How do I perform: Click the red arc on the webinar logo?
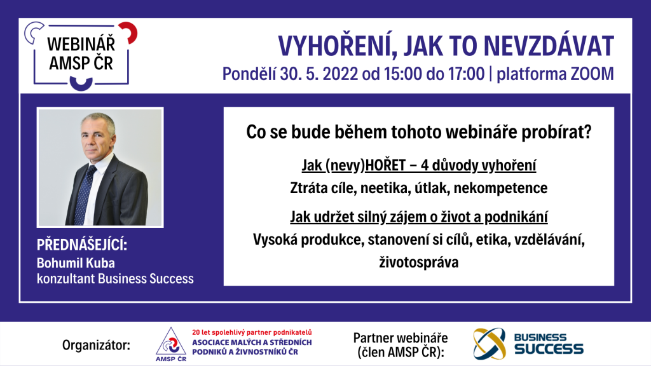tap(130, 32)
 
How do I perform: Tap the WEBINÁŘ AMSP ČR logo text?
tap(81, 53)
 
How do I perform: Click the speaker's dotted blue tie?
tap(86, 194)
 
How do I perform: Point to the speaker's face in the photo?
tap(97, 139)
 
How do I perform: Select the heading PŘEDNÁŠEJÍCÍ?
tap(82, 245)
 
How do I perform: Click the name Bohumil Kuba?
tap(76, 263)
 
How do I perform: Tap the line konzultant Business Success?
tap(115, 278)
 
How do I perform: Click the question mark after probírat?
tap(587, 132)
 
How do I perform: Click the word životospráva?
tap(419, 262)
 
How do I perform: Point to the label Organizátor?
tap(96, 345)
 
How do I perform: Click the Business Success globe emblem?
tap(490, 344)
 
